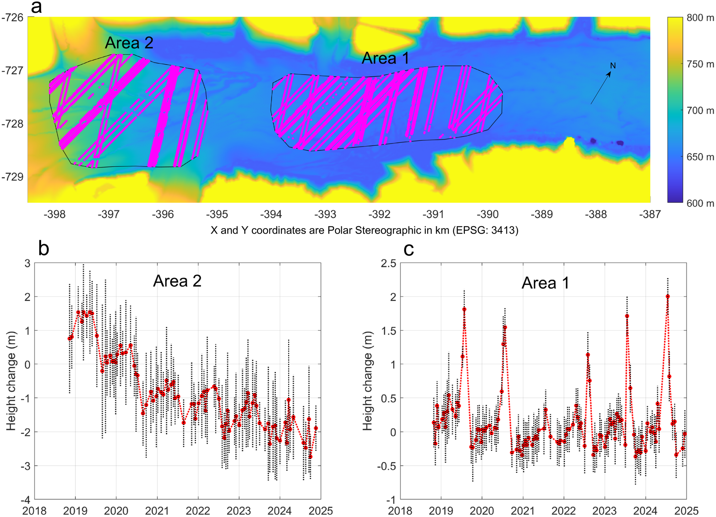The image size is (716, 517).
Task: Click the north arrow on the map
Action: pos(601,88)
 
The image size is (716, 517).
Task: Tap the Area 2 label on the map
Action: pos(129,43)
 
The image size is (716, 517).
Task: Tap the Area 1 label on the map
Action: pos(385,58)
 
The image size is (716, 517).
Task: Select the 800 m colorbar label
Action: pos(700,18)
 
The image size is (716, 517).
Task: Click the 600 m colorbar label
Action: pos(700,203)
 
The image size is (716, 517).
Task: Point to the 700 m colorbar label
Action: pos(700,110)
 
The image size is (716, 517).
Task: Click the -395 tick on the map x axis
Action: pos(217,214)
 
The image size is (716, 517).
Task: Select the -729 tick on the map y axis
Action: pos(13,177)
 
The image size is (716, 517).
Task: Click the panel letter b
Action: pos(43,248)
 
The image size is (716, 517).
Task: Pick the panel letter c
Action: pos(409,249)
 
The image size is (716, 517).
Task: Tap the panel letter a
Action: pos(36,7)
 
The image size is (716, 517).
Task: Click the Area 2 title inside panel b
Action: pos(177,281)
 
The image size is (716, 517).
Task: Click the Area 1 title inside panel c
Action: pos(545,283)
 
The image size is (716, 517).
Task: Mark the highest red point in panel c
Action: pos(668,296)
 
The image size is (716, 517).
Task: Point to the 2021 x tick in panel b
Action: pos(157,510)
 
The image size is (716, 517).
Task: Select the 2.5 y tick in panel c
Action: pos(388,263)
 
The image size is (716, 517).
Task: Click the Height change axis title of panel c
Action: pos(367,381)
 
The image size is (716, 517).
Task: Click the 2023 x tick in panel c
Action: pos(605,510)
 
